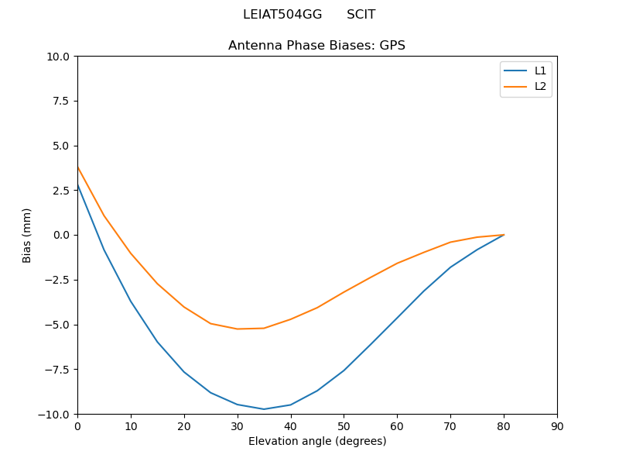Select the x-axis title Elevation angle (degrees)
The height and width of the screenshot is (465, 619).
click(x=317, y=441)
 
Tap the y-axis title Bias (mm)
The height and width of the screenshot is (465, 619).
click(x=27, y=235)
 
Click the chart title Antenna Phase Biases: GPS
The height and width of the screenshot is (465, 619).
click(x=316, y=46)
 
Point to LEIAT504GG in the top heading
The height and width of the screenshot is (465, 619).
click(x=282, y=15)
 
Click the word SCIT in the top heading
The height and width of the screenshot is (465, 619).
click(x=361, y=15)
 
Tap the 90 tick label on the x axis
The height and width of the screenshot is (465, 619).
click(x=557, y=426)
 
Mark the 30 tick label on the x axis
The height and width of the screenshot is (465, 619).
click(x=238, y=426)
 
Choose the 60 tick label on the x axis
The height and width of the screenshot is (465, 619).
click(x=397, y=426)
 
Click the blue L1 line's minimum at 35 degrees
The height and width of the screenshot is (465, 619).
click(x=264, y=409)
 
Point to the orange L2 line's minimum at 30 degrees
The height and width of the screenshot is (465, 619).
click(x=238, y=329)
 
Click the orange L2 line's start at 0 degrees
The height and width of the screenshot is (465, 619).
click(x=78, y=167)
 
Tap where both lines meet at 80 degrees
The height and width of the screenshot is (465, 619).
click(x=504, y=235)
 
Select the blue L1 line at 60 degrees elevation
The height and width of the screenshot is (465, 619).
click(x=397, y=318)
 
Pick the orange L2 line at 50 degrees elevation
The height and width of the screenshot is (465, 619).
click(x=344, y=292)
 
